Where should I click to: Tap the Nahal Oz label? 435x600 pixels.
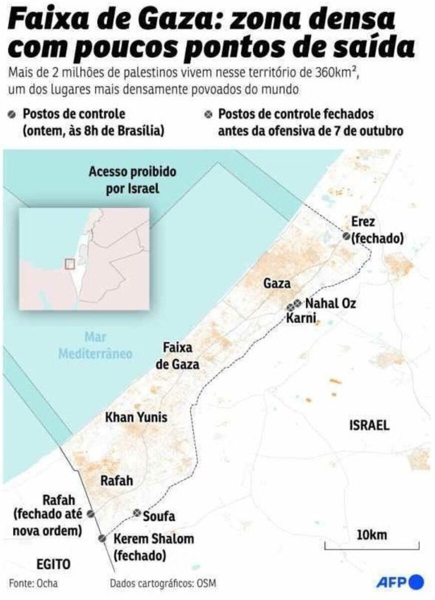[x=330, y=303]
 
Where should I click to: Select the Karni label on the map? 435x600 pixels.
[x=301, y=319]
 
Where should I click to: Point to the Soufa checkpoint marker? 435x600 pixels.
[x=137, y=513]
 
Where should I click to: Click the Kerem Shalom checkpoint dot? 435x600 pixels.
[x=103, y=538]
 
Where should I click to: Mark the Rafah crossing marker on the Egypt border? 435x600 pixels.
[x=91, y=514]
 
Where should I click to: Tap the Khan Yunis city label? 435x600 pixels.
[x=136, y=417]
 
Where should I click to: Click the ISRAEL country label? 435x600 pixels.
[x=369, y=425]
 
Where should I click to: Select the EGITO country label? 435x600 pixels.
[x=53, y=564]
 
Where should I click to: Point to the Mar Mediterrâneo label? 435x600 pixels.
[x=95, y=345]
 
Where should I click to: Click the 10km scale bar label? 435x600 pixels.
[x=372, y=535]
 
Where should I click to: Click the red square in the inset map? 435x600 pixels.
[x=70, y=264]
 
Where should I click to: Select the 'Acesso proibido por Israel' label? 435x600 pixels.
[x=132, y=180]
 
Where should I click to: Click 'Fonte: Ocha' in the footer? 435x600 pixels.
[x=33, y=583]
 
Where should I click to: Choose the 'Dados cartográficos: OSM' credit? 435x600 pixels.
[x=163, y=583]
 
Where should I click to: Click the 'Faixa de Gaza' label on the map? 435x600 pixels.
[x=177, y=356]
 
